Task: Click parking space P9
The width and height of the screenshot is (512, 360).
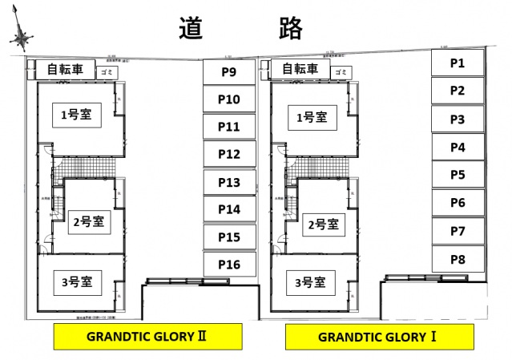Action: coord(229,72)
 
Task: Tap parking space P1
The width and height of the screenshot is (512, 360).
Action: coord(458,63)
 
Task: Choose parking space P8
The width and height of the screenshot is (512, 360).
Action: coord(458,259)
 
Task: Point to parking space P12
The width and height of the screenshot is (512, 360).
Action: coord(229,154)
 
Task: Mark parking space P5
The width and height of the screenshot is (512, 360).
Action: coord(458,175)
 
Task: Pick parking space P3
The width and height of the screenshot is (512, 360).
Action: coord(458,119)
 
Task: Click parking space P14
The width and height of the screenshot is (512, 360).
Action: coord(229,210)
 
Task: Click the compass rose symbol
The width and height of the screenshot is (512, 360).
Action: coord(22,37)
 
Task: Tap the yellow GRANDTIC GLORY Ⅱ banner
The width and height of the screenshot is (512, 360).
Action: coord(147,337)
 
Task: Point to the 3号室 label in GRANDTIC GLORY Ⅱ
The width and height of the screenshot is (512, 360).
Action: coord(77,281)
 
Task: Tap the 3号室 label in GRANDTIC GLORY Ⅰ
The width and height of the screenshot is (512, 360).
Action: coord(309,282)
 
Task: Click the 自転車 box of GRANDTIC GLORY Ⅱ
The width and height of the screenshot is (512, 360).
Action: coord(64,69)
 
